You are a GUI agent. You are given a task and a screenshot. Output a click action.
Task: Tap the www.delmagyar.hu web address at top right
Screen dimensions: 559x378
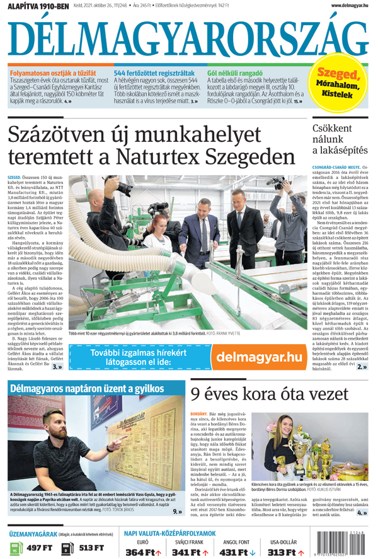tap(349, 6)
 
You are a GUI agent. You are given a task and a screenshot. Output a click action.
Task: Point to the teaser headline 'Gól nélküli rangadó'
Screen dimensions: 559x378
tap(234, 73)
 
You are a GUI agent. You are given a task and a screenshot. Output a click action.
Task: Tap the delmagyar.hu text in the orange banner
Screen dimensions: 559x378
tap(259, 357)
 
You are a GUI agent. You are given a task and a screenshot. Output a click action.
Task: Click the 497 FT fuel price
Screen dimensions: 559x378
tap(40, 548)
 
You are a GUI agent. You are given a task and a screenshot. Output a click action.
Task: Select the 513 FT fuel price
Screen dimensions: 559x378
tap(91, 548)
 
